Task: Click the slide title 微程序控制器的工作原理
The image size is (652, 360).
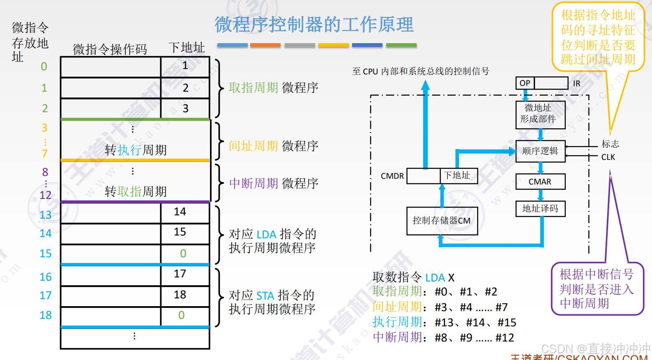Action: pos(314,25)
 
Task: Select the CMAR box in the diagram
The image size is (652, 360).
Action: pos(540,182)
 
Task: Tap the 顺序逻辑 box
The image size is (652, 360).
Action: pos(540,151)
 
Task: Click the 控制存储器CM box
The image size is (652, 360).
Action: pos(442,221)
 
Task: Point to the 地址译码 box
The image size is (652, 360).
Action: pos(540,209)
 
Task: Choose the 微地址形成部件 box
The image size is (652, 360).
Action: pos(540,114)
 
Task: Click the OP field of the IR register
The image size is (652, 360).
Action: pos(525,83)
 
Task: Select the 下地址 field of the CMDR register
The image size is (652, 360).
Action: pos(458,175)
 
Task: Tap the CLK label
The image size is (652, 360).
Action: pos(608,157)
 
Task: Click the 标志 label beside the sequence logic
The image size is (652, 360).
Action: pos(610,144)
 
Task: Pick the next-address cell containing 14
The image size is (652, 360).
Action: pos(185,212)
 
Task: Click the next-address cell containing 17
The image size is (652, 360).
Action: pos(185,274)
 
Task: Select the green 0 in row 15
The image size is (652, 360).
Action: pos(183,254)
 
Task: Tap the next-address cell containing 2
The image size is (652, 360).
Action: pos(185,88)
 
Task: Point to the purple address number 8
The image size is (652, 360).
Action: pos(45,172)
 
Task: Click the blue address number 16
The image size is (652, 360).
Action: pos(46,277)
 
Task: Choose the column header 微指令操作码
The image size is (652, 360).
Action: pos(110,49)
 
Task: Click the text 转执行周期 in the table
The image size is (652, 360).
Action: pos(136,150)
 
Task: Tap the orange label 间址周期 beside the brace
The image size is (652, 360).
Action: pos(253,146)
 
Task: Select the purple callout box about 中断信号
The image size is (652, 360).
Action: pos(597,288)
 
